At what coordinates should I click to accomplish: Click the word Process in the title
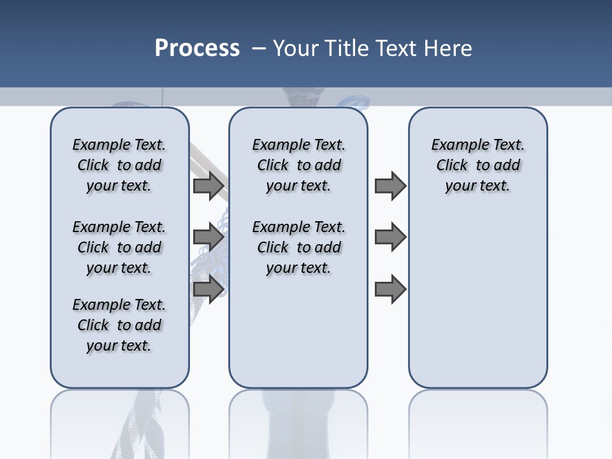click(x=197, y=48)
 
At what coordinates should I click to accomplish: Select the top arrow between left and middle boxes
click(x=208, y=186)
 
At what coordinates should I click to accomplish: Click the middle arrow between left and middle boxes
click(x=208, y=237)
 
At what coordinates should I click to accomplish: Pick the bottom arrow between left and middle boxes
click(x=208, y=289)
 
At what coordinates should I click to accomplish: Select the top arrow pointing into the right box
click(x=390, y=186)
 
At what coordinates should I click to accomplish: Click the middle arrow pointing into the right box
click(x=390, y=237)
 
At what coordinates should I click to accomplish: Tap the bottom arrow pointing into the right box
click(x=390, y=289)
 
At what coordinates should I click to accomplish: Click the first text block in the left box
click(x=119, y=165)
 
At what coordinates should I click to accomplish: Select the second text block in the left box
click(x=119, y=247)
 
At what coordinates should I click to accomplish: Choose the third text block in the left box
click(x=119, y=325)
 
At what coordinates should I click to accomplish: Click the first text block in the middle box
click(x=298, y=165)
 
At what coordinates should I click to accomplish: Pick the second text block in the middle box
click(x=298, y=247)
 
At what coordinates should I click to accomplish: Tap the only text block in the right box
click(x=477, y=165)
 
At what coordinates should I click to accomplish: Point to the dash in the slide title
click(x=259, y=48)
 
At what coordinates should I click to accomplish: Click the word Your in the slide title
click(x=296, y=48)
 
